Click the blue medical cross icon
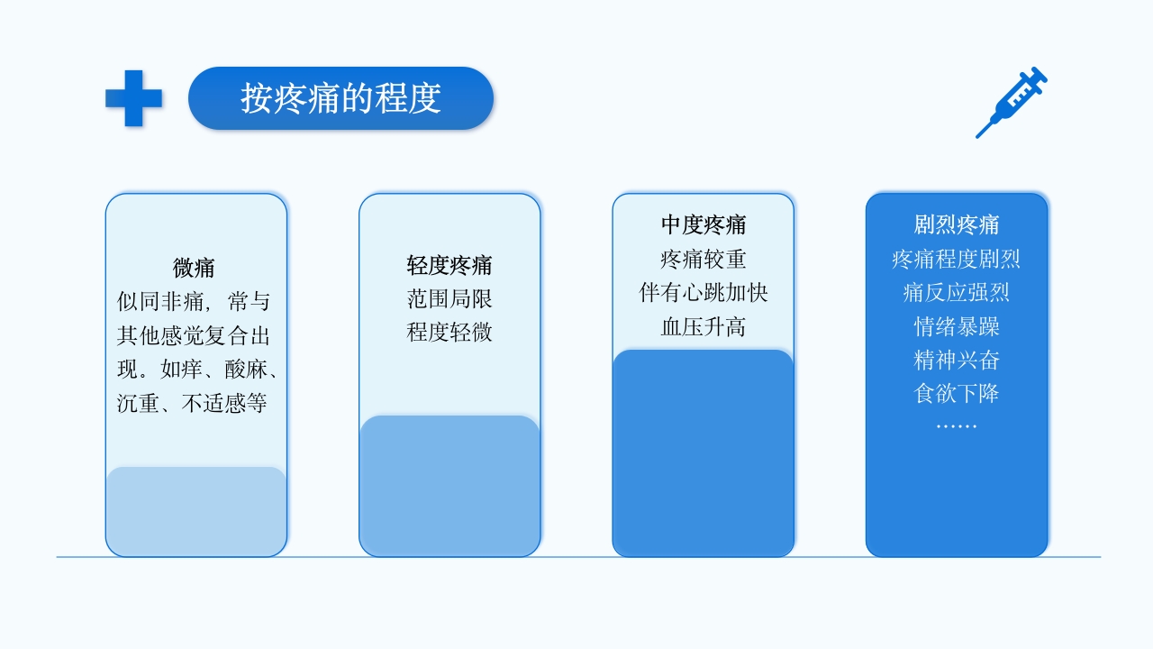point(133,98)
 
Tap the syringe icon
point(1012,101)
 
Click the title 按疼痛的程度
point(340,98)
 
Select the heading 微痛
point(194,268)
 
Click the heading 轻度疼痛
point(449,266)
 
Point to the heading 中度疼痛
point(704,224)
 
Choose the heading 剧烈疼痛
point(957,224)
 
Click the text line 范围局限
point(449,299)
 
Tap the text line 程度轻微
point(449,332)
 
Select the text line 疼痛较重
point(704,260)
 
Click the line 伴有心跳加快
point(704,293)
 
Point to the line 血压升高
point(704,326)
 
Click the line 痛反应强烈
point(957,293)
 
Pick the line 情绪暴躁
point(957,326)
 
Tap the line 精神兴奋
point(957,360)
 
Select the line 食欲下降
point(957,393)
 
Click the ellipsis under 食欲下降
point(957,425)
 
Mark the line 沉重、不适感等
point(193,403)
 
